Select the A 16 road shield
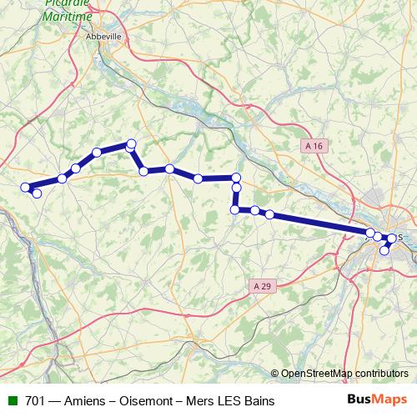[x=314, y=146]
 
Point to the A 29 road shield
[x=262, y=286]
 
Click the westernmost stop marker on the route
[x=26, y=188]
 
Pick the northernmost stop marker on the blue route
[x=131, y=143]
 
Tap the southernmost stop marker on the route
[x=384, y=250]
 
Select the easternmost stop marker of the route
[x=392, y=239]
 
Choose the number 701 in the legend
[x=36, y=401]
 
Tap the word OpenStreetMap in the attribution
[x=317, y=374]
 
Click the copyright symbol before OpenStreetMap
[x=276, y=374]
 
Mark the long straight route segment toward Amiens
[x=320, y=223]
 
